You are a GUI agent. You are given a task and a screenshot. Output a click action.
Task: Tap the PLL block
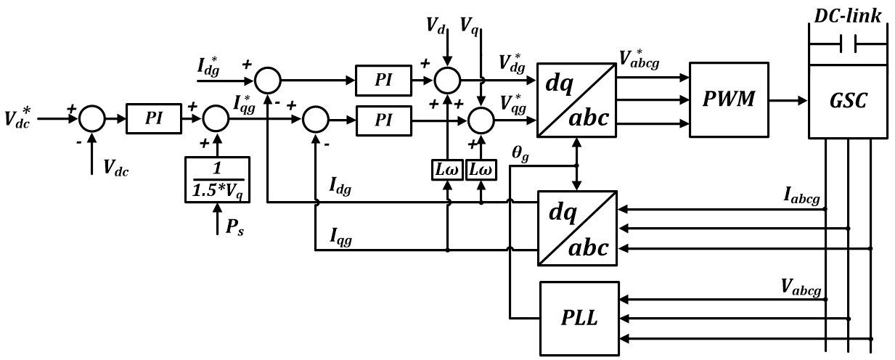pyautogui.click(x=579, y=319)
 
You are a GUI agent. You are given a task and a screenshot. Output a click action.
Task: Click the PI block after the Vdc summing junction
pyautogui.click(x=154, y=117)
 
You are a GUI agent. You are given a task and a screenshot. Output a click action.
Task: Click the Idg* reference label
pyautogui.click(x=211, y=70)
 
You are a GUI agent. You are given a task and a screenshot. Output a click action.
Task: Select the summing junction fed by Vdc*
pyautogui.click(x=91, y=117)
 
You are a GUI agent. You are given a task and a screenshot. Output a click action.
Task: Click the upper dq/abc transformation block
pyautogui.click(x=578, y=99)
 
